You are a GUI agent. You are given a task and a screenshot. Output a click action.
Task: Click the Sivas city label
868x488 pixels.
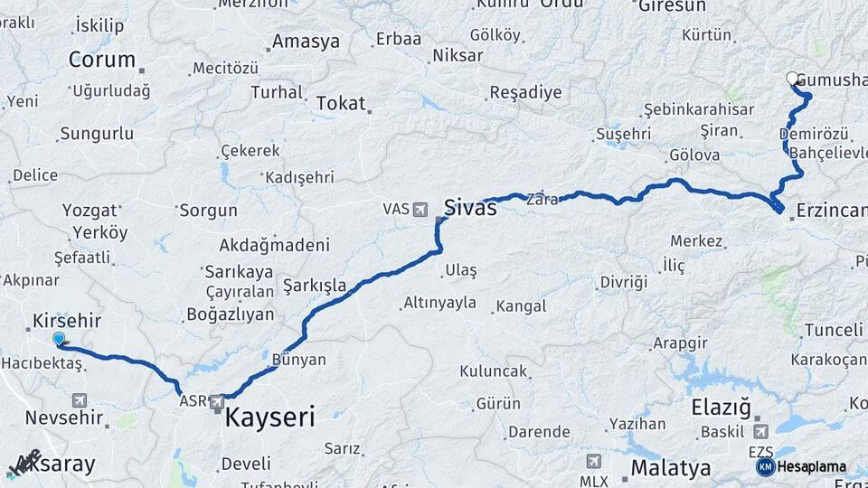point(470,208)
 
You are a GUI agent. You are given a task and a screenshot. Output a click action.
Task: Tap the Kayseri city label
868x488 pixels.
point(269,417)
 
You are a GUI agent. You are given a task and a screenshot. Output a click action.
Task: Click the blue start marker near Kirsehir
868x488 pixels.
point(59,339)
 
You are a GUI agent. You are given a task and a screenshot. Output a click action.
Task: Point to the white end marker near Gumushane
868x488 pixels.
point(793,79)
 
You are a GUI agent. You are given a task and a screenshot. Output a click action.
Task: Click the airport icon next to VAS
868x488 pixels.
point(420,210)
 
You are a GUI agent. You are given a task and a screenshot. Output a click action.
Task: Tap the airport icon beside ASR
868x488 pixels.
point(217,401)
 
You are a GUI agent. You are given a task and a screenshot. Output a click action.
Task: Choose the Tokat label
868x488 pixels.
point(341,104)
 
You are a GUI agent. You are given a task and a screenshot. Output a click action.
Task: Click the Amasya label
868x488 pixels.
point(306,42)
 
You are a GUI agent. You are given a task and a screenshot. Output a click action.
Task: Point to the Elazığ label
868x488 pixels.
point(722,408)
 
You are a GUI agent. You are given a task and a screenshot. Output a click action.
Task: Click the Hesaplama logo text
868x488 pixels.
point(811,467)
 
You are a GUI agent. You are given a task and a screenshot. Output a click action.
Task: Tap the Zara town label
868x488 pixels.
point(542,200)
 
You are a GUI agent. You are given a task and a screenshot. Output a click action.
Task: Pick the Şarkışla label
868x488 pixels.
point(315,286)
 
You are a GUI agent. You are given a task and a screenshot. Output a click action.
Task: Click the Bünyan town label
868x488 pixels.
point(298,360)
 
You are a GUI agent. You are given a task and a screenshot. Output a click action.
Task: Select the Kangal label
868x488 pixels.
point(522,306)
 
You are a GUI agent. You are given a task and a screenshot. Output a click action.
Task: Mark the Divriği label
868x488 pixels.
point(624,283)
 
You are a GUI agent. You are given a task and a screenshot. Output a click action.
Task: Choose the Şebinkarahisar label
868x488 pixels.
point(698,109)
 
